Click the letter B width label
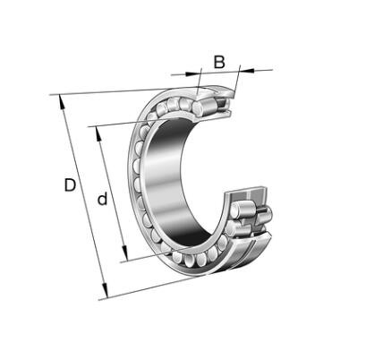click(x=219, y=62)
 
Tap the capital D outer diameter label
click(x=70, y=185)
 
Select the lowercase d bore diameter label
click(x=102, y=199)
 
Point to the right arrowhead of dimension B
click(x=247, y=71)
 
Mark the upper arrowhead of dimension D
click(x=62, y=102)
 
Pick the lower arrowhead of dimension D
click(x=105, y=290)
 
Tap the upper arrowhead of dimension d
click(x=98, y=133)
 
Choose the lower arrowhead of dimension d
click(x=125, y=254)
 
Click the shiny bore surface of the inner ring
click(x=167, y=179)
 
